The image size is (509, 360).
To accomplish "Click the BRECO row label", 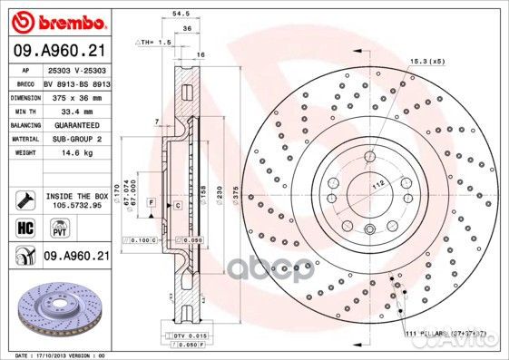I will click(26, 83).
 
